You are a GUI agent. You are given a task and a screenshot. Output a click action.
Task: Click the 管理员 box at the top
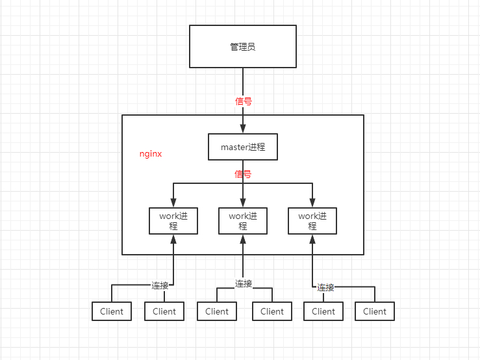tap(242, 47)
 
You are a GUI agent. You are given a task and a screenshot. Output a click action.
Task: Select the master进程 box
tap(242, 147)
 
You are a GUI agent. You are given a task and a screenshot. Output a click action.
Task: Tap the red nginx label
tap(151, 155)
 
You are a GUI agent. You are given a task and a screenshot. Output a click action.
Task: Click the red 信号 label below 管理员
tap(243, 101)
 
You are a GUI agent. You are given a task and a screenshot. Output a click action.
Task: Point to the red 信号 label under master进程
tap(243, 174)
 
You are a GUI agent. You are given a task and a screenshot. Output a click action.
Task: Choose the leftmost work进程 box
tap(173, 221)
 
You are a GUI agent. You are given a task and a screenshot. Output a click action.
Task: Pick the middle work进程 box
tap(242, 221)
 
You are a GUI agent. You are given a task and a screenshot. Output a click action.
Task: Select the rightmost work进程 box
tap(312, 221)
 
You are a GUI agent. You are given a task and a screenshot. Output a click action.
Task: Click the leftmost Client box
tap(112, 311)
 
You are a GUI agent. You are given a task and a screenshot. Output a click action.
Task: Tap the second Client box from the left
tap(164, 311)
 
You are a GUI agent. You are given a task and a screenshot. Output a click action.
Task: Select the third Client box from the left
tap(217, 311)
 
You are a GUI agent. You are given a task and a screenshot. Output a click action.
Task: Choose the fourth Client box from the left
tap(272, 311)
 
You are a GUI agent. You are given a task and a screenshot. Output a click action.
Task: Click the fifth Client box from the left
tap(323, 311)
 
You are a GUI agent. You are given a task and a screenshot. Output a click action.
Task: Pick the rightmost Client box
tap(375, 311)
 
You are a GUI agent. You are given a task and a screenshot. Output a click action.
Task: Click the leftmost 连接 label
tap(161, 285)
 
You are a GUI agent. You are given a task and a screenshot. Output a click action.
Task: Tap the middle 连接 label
tap(244, 284)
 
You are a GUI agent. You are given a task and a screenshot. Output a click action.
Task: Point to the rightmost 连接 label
tap(325, 287)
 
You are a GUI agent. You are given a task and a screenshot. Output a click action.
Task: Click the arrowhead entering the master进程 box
tap(242, 129)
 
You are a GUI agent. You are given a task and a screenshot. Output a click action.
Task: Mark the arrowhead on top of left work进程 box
tap(173, 203)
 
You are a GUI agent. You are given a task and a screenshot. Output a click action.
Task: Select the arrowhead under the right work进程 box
tap(312, 239)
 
